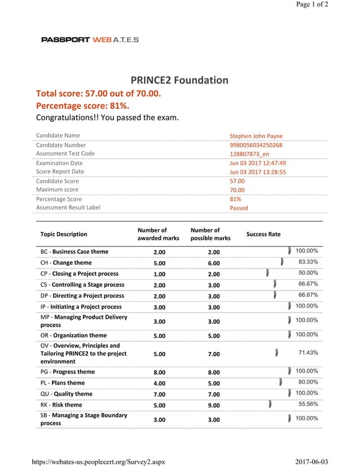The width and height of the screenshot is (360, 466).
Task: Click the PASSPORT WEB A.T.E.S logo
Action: [x=90, y=39]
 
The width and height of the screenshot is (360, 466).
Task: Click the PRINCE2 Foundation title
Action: [x=179, y=80]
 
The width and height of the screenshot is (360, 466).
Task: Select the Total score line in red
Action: [x=98, y=93]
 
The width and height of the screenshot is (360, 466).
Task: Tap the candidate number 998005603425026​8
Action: [x=256, y=145]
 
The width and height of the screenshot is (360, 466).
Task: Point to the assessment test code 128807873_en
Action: [x=249, y=154]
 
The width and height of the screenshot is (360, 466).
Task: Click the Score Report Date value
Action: [x=257, y=172]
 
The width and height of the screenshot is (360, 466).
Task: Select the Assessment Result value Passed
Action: [x=239, y=208]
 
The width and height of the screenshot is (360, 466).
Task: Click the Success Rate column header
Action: [x=263, y=234]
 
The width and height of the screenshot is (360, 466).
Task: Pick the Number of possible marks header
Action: [x=210, y=234]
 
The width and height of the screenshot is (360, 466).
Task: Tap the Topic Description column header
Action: [x=64, y=234]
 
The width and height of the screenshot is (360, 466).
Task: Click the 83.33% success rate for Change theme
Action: [x=308, y=262]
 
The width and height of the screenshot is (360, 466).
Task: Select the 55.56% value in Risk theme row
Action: [x=308, y=404]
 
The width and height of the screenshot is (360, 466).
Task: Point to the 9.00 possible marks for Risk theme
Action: [x=214, y=405]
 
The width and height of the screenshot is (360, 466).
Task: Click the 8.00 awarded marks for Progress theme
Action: [x=160, y=372]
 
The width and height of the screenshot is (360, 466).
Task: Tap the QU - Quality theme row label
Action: [x=67, y=394]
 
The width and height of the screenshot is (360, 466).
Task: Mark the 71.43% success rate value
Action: [x=308, y=353]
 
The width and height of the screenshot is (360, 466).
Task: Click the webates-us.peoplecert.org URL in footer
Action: [x=99, y=461]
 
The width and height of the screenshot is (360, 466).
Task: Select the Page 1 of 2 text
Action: [x=312, y=5]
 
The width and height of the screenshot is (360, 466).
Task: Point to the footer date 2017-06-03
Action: [x=311, y=461]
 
